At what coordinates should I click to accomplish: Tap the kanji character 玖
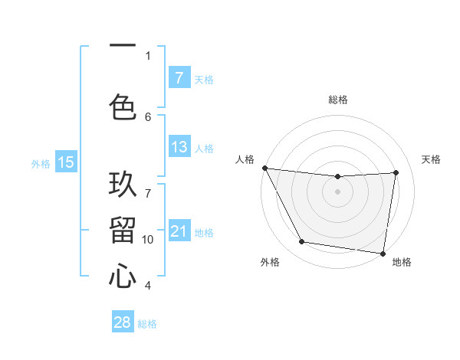pyautogui.click(x=123, y=186)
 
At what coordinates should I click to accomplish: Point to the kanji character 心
pyautogui.click(x=123, y=275)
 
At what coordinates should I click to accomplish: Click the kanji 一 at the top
pyautogui.click(x=123, y=46)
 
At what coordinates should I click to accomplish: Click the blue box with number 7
pyautogui.click(x=179, y=78)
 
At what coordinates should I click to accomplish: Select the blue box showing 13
pyautogui.click(x=179, y=147)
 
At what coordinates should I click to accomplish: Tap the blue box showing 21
pyautogui.click(x=179, y=231)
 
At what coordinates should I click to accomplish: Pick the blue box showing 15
pyautogui.click(x=66, y=162)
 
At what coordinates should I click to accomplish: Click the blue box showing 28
pyautogui.click(x=123, y=322)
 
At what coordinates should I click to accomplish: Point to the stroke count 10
pyautogui.click(x=148, y=239)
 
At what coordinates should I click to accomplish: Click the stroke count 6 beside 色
pyautogui.click(x=148, y=116)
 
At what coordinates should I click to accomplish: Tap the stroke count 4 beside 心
pyautogui.click(x=148, y=286)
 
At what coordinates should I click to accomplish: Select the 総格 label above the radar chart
pyautogui.click(x=337, y=100)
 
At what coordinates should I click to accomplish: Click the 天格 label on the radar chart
pyautogui.click(x=431, y=159)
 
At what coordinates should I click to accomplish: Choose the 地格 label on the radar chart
pyautogui.click(x=402, y=262)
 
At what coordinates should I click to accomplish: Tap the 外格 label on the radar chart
pyautogui.click(x=270, y=262)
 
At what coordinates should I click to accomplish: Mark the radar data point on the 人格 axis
pyautogui.click(x=264, y=168)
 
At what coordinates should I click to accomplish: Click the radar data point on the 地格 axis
pyautogui.click(x=383, y=253)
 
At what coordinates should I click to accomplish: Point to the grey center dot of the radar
pyautogui.click(x=337, y=191)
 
